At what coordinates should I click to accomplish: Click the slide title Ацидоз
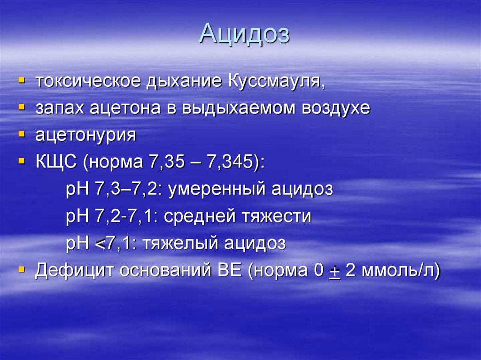(244, 34)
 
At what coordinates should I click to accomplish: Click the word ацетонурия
(86, 135)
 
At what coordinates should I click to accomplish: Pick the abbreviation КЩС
(57, 162)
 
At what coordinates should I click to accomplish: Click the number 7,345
(231, 162)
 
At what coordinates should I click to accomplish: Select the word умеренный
(217, 190)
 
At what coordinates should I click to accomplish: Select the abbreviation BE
(229, 271)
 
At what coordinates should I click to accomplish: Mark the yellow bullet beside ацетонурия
(21, 135)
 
